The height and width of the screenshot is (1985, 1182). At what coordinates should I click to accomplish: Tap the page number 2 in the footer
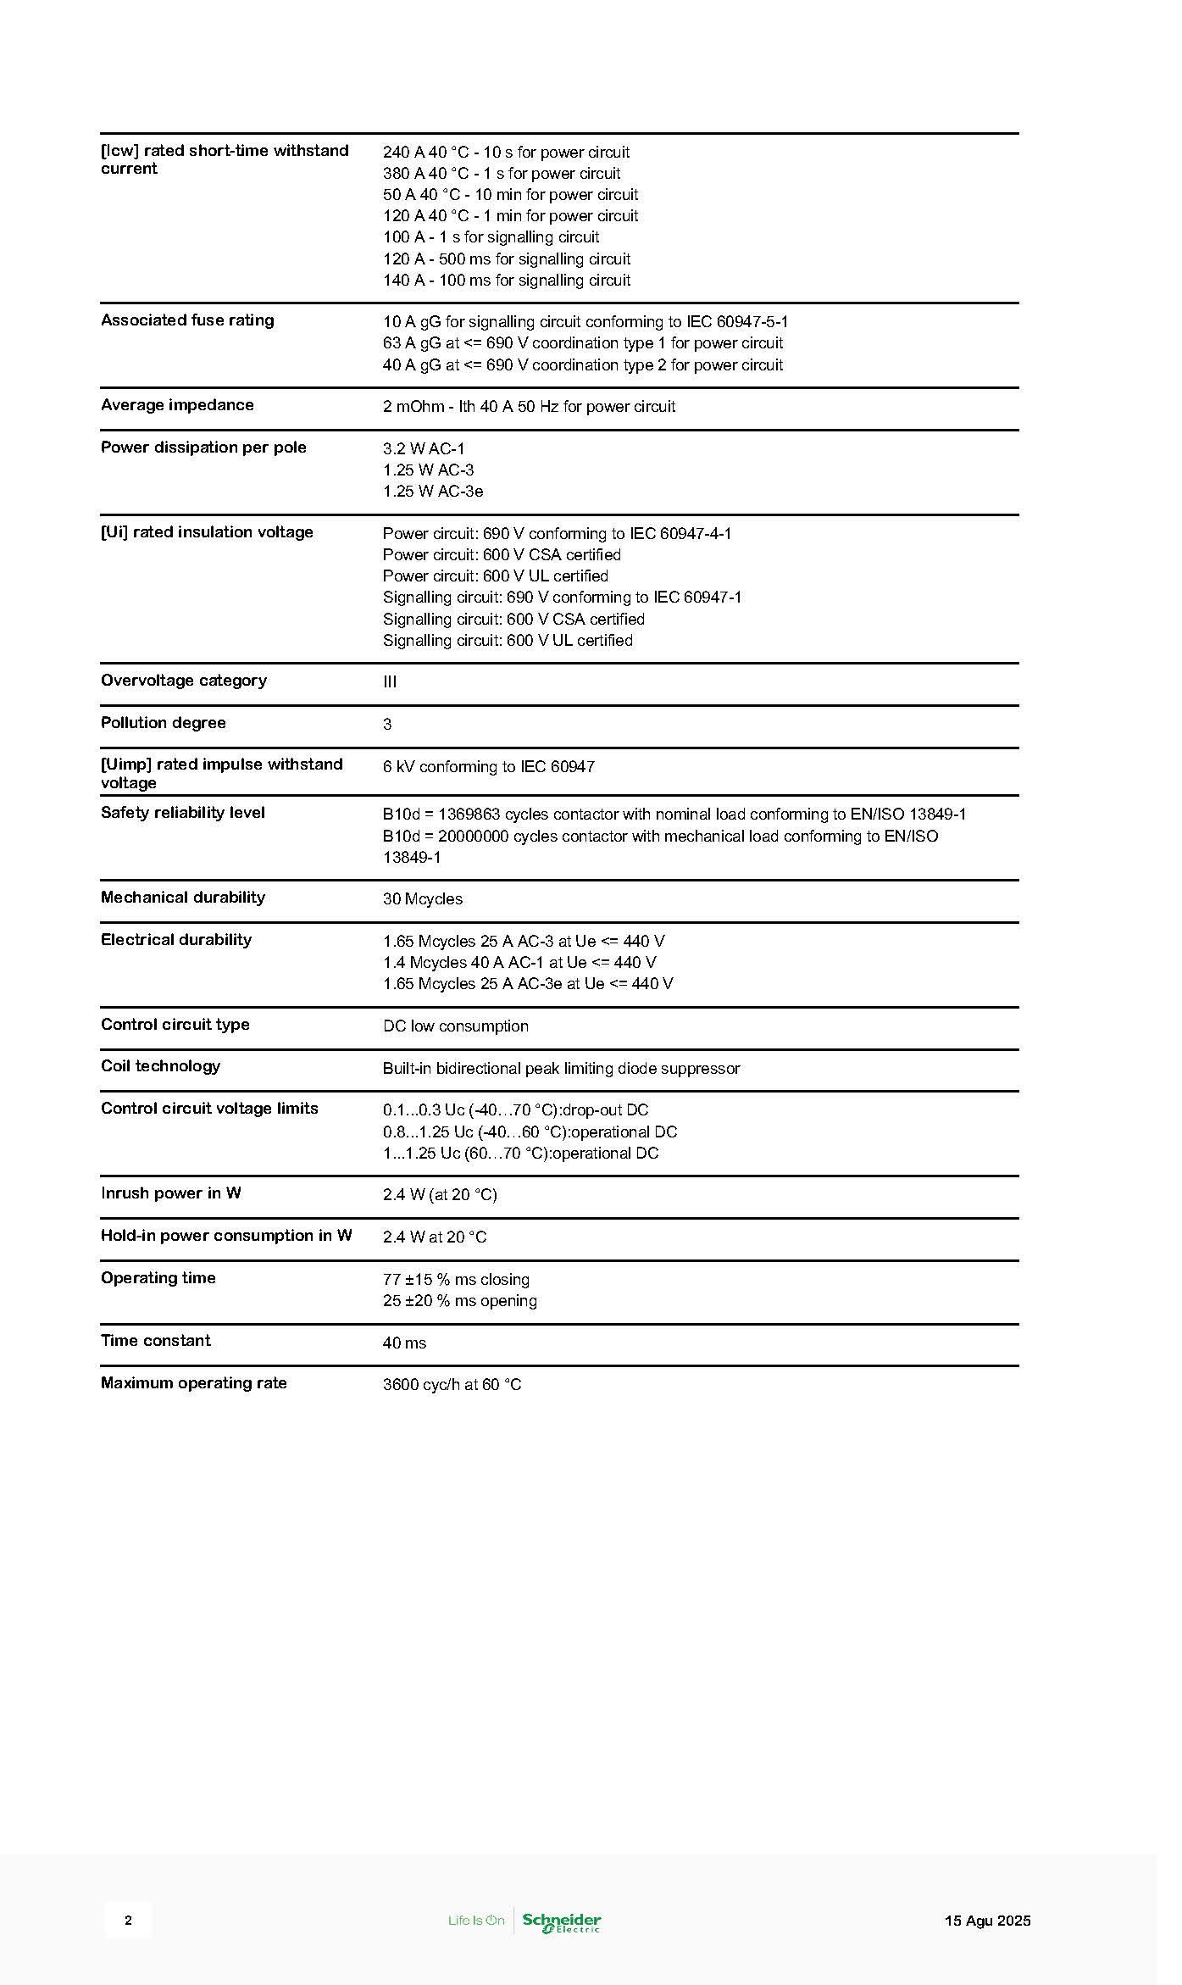tap(128, 1920)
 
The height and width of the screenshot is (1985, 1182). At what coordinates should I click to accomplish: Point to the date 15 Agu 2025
tap(987, 1921)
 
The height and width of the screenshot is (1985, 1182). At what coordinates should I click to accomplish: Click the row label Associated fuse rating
tap(187, 320)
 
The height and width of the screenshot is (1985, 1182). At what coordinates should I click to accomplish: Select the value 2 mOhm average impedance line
tap(529, 407)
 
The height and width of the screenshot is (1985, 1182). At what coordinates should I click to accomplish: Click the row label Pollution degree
tap(163, 723)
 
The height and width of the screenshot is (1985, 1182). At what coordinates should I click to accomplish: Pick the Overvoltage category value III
tap(390, 681)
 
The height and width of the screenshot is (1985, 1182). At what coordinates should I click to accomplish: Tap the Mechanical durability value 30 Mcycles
tap(423, 898)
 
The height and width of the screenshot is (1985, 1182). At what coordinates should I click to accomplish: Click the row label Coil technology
tap(160, 1066)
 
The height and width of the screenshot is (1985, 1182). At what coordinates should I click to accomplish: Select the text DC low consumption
tap(455, 1026)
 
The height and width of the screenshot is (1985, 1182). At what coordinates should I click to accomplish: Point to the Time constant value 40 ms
tap(404, 1343)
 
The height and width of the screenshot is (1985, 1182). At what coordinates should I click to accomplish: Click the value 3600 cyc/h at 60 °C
tap(452, 1384)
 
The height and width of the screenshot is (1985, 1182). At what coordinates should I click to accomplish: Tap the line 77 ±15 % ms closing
tap(456, 1279)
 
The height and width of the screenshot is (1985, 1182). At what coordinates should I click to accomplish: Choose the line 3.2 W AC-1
tap(424, 448)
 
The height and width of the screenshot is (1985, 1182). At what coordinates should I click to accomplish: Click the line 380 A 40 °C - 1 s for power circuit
tap(502, 174)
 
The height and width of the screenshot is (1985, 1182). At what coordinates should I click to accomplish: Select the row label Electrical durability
tap(176, 939)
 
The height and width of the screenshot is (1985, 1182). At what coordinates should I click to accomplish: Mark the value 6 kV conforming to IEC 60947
tap(488, 766)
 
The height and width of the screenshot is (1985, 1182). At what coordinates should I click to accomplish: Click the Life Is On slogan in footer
tap(476, 1921)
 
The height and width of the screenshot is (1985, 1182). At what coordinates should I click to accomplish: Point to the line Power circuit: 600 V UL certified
tap(495, 576)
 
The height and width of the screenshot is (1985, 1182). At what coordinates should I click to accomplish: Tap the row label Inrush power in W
tap(170, 1193)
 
